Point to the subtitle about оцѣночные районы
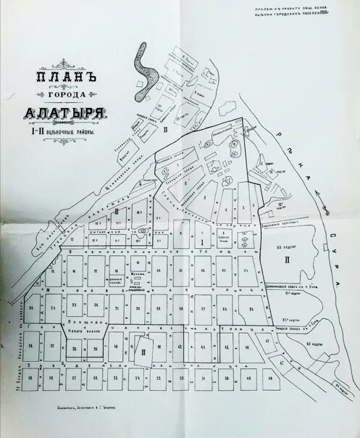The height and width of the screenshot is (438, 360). click(63, 131)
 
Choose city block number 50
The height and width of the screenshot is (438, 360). click(227, 379)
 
